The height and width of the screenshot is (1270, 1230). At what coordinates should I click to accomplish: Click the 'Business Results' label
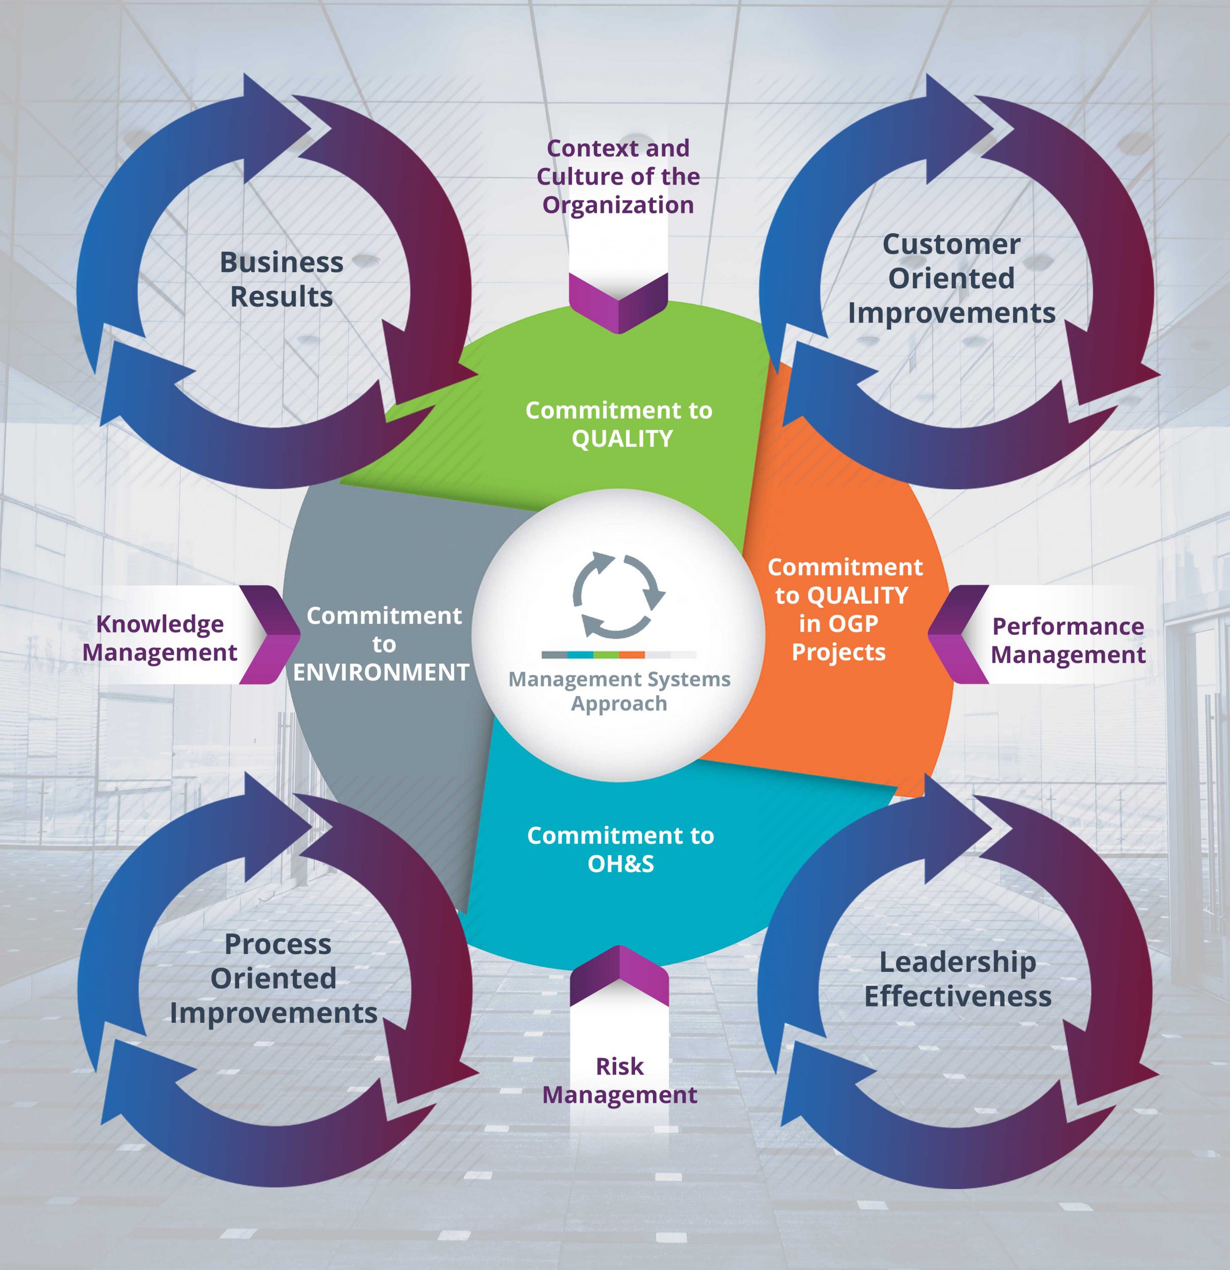[281, 279]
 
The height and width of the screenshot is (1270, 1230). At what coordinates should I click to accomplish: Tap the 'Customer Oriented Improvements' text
[951, 279]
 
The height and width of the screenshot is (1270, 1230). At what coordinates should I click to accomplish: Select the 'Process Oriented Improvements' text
[274, 978]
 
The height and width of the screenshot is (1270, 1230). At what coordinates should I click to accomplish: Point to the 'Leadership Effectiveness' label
[957, 979]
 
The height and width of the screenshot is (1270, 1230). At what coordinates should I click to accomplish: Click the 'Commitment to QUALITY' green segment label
[619, 425]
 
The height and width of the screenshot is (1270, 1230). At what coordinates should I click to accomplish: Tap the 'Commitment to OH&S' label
[620, 849]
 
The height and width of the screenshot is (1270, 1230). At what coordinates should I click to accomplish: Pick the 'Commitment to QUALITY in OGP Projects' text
[842, 609]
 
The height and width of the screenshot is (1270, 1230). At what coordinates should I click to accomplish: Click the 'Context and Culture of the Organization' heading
[618, 176]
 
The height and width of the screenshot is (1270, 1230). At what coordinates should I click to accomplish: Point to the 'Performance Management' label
[1068, 640]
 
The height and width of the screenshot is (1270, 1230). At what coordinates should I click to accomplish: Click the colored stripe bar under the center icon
[618, 654]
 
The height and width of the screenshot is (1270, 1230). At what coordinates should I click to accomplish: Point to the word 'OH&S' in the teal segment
[621, 864]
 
